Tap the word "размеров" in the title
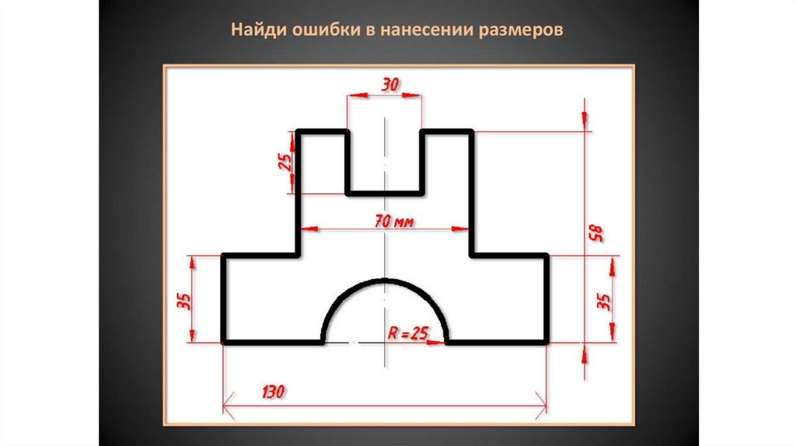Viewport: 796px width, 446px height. tap(522, 31)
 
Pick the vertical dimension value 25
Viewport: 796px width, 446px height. tap(285, 162)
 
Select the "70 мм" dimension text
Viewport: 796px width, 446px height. tap(393, 221)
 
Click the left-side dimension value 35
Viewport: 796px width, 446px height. tap(184, 299)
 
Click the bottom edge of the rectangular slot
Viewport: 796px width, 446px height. tap(385, 192)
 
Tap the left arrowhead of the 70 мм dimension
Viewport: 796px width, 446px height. tap(306, 229)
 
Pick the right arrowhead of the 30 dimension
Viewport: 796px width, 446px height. tap(417, 96)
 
